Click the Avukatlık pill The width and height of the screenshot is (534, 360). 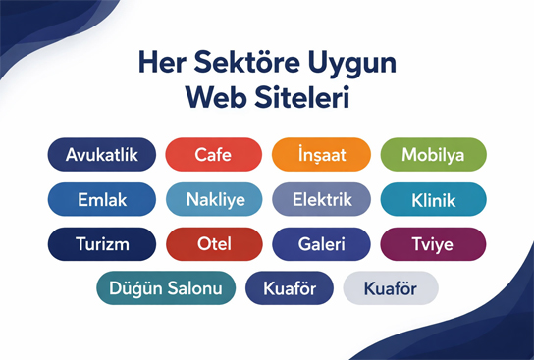101,155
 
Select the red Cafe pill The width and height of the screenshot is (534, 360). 213,155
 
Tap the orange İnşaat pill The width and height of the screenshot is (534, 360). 321,155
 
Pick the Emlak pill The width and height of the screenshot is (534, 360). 101,200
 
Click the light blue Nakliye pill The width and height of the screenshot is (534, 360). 213,200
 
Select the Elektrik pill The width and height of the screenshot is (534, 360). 321,200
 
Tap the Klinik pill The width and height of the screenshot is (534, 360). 433,200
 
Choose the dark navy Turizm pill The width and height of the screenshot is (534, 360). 101,244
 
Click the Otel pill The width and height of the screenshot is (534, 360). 213,244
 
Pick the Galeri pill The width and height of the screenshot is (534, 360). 321,244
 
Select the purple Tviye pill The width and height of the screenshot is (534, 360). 433,244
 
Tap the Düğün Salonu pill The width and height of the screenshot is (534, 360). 166,288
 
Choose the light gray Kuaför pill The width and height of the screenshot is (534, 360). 391,288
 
